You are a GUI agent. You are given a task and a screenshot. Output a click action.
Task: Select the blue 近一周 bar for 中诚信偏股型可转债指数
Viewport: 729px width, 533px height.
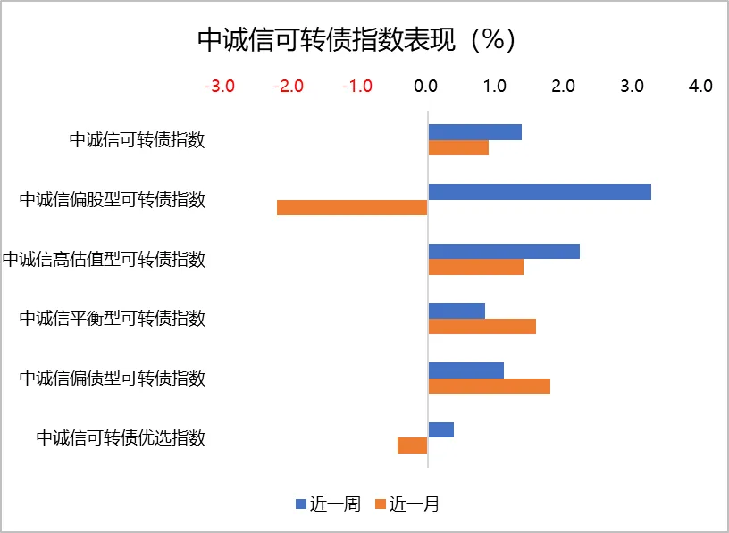coord(540,192)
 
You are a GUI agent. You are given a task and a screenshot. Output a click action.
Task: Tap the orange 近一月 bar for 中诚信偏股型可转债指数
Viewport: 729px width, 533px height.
coord(352,207)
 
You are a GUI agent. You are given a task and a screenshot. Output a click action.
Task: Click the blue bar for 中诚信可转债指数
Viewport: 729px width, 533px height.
coord(474,132)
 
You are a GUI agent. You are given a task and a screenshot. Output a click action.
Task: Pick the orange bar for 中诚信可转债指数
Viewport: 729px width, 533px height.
coord(458,147)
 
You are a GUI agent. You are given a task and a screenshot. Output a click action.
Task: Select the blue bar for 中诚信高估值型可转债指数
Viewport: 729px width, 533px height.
coord(504,252)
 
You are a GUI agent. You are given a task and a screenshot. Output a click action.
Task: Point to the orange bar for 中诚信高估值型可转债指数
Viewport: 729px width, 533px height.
coord(475,266)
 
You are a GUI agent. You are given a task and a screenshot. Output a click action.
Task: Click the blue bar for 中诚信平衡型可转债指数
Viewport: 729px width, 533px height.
coord(457,311)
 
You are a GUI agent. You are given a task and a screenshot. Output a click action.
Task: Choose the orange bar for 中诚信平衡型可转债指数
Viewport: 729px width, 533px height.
coord(482,326)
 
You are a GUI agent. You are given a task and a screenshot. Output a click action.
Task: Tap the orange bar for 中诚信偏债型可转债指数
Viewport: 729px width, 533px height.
coord(489,386)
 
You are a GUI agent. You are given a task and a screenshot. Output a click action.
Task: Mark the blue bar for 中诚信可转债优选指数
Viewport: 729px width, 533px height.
coord(440,430)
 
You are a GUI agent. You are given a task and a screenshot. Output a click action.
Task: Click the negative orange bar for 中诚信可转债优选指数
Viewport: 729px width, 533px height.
coord(413,446)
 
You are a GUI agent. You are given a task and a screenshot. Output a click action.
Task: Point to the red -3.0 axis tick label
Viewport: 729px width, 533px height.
coord(220,87)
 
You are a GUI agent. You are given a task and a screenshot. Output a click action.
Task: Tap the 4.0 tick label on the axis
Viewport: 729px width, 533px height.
coord(700,87)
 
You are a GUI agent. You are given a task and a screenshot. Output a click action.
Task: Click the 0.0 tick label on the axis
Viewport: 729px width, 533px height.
coord(426,87)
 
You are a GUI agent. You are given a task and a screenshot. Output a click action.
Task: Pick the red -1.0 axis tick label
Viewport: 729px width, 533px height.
coord(356,87)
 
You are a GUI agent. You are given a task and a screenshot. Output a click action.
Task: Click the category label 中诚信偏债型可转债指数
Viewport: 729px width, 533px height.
coord(113,379)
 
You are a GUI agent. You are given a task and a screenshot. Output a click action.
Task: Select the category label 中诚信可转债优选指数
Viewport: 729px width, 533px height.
coord(121,438)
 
